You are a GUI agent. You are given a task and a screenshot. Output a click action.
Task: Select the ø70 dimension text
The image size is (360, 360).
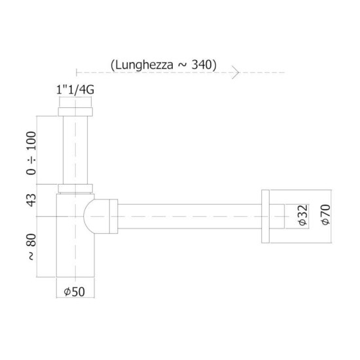[x=325, y=215]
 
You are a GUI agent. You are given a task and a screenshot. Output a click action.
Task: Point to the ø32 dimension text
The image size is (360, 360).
[x=302, y=215]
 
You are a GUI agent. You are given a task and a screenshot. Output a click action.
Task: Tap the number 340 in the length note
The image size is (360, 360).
[x=205, y=64]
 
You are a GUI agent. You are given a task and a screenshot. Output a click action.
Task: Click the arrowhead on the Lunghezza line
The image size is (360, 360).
[x=238, y=73]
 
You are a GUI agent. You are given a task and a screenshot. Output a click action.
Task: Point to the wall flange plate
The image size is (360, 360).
[x=266, y=216]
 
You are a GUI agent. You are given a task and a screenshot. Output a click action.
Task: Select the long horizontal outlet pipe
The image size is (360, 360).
[x=190, y=216]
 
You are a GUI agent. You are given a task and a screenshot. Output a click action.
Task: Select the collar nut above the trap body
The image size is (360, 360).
[x=77, y=189]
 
